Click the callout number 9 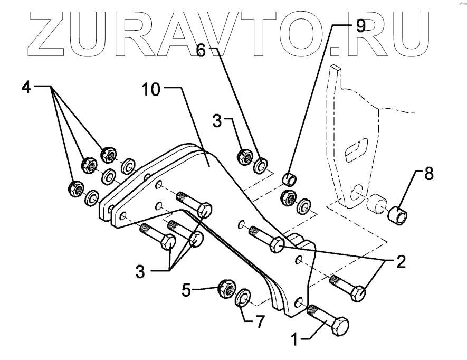(360, 26)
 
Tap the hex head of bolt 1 (338, 326)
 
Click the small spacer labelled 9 (289, 176)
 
